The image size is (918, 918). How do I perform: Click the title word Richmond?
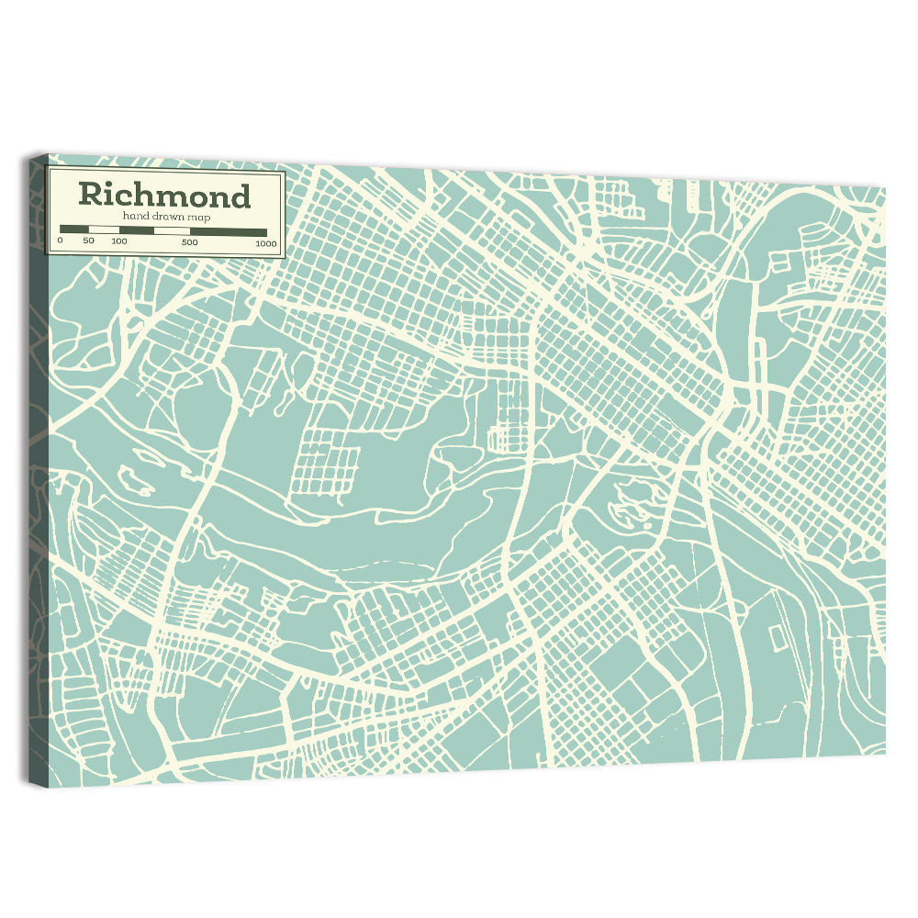pyautogui.click(x=163, y=195)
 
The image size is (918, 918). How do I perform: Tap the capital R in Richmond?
pyautogui.click(x=90, y=195)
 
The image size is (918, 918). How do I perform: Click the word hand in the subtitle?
pyautogui.click(x=135, y=217)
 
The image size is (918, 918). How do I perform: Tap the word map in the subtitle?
pyautogui.click(x=196, y=217)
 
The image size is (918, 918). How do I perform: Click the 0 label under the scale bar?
pyautogui.click(x=60, y=241)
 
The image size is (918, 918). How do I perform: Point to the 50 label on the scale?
pyautogui.click(x=88, y=241)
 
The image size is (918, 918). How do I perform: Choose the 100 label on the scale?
pyautogui.click(x=119, y=241)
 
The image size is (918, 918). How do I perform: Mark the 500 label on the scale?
pyautogui.click(x=189, y=242)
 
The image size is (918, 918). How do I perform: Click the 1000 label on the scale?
pyautogui.click(x=265, y=243)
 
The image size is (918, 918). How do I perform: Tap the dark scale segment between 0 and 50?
pyautogui.click(x=73, y=229)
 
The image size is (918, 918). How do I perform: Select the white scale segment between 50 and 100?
pyautogui.click(x=103, y=229)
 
